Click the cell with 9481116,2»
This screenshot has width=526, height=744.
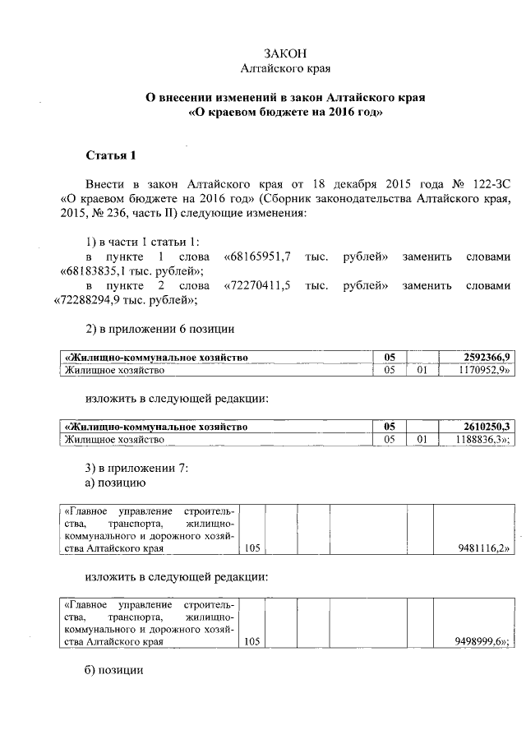[482, 547]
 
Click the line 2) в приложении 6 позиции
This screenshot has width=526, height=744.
[160, 329]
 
